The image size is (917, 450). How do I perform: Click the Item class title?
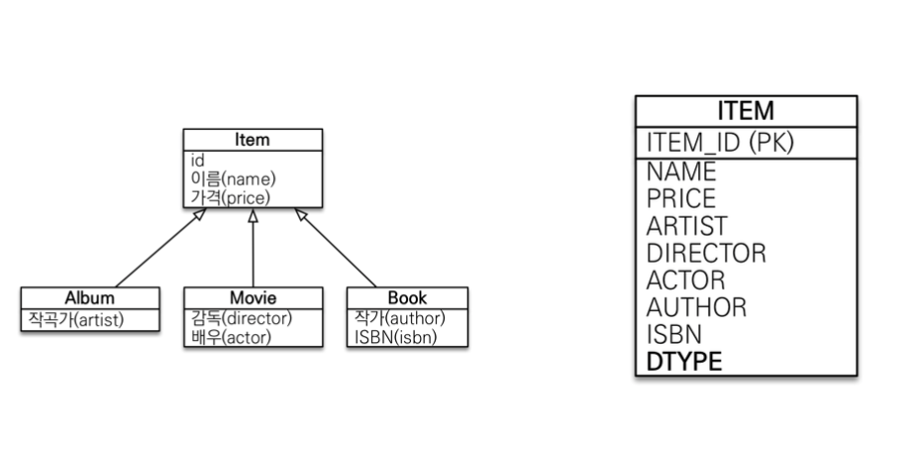pos(252,140)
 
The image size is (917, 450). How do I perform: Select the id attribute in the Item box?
pos(197,159)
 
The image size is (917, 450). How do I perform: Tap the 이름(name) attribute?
pos(233,178)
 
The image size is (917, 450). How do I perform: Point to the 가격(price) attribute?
pos(230,197)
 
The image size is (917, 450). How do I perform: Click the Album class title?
pos(89,297)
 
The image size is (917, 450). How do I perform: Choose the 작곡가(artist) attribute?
pos(76,318)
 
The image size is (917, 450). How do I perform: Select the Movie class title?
pos(253,297)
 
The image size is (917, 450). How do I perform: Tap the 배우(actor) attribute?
pos(231,337)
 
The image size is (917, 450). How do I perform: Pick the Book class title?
pos(407,297)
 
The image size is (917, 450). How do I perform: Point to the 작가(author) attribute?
pos(399,318)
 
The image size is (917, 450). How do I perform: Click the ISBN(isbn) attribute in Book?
pos(395,337)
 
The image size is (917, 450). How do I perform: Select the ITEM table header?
pos(746,111)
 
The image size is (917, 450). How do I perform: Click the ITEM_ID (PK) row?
pos(720,143)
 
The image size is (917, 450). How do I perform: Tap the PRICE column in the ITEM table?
pos(680,198)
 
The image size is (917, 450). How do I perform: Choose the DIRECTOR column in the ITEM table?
pos(706,253)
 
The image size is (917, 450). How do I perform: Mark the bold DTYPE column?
pos(684,362)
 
